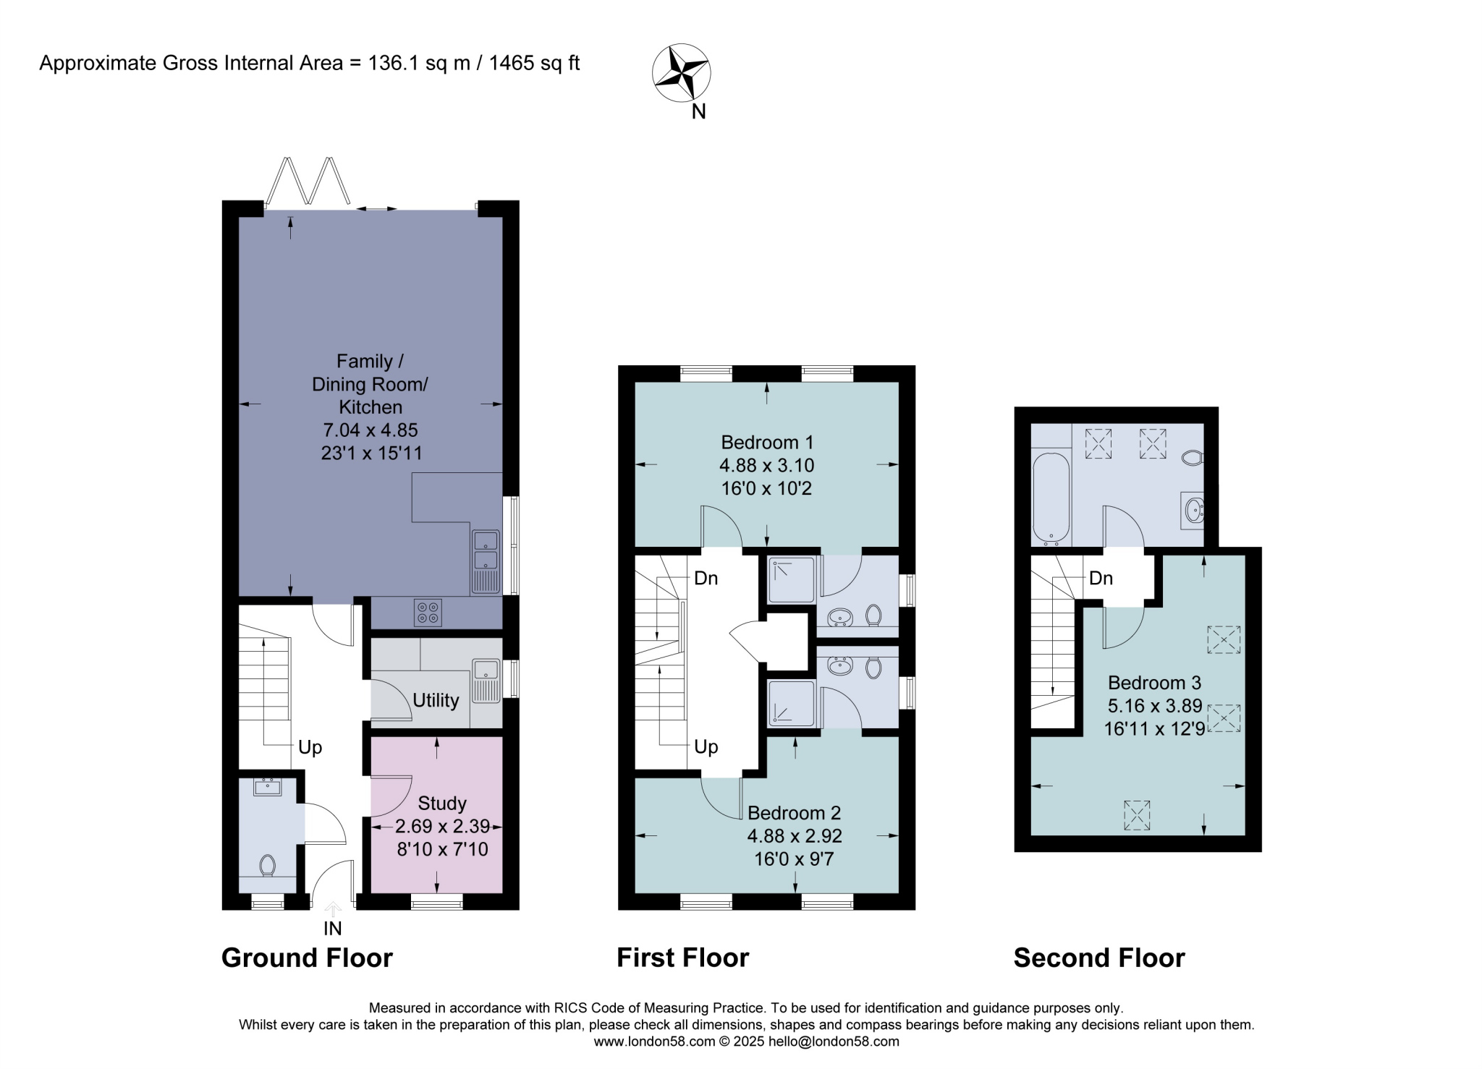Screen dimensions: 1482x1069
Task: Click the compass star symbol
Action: point(682,72)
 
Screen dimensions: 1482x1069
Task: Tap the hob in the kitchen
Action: point(428,613)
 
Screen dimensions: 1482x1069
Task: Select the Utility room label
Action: point(436,700)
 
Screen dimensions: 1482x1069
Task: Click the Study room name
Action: point(442,803)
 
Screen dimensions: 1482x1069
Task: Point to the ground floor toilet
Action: point(268,865)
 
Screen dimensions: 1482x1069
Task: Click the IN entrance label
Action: point(333,928)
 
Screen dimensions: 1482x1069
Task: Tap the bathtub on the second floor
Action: point(1051,498)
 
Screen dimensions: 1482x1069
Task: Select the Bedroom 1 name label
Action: point(767,442)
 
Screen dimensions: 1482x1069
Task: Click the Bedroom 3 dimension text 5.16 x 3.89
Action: point(1154,706)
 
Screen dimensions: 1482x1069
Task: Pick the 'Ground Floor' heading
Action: point(307,958)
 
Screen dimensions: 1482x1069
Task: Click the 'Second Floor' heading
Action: point(1099,958)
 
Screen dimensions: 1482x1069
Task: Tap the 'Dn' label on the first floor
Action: point(706,578)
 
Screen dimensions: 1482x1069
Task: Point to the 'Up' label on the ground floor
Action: point(310,747)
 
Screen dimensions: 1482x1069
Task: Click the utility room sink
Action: point(486,681)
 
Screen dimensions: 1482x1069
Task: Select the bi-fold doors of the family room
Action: point(309,181)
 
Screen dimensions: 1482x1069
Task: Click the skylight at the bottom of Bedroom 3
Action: point(1136,815)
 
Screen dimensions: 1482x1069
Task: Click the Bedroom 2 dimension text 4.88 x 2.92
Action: point(795,836)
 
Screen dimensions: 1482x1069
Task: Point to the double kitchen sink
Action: point(486,562)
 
